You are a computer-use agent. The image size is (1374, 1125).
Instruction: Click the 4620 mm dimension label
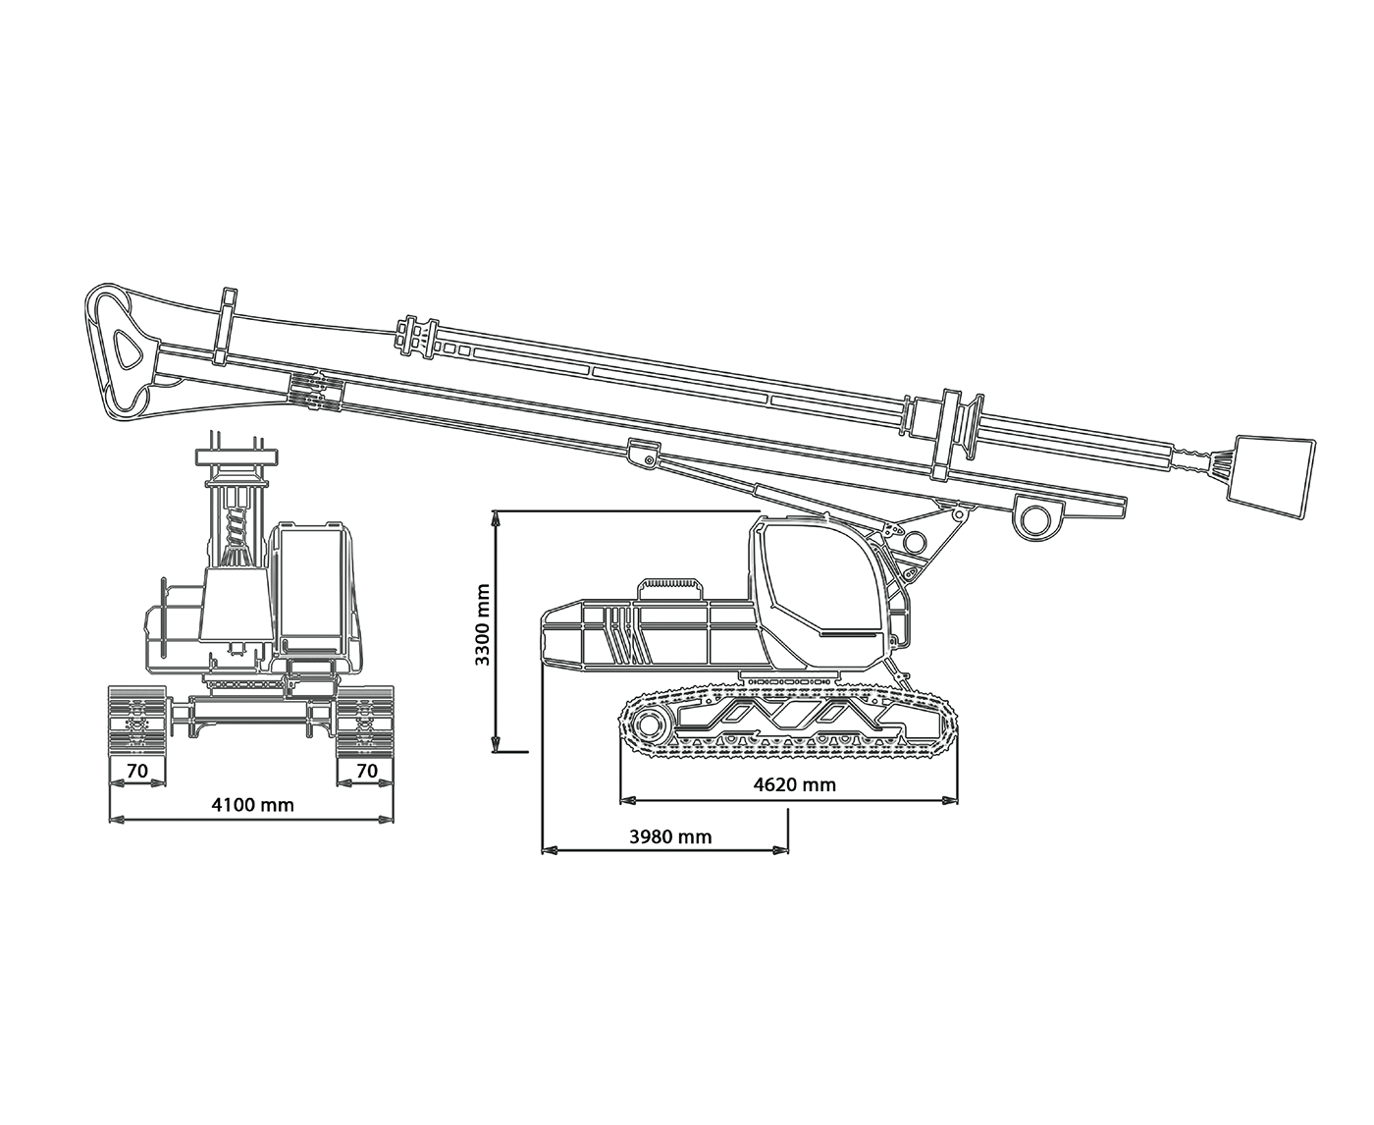pyautogui.click(x=794, y=784)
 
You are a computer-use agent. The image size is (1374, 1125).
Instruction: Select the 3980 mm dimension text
pyautogui.click(x=670, y=837)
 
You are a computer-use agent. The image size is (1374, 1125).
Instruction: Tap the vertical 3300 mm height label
pyautogui.click(x=482, y=624)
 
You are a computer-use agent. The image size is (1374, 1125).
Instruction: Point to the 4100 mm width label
pyautogui.click(x=253, y=805)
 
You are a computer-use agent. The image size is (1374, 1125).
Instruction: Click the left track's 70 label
pyautogui.click(x=136, y=771)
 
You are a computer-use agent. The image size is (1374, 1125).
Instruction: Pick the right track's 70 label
pyautogui.click(x=367, y=771)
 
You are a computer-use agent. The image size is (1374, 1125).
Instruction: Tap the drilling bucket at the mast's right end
pyautogui.click(x=1269, y=478)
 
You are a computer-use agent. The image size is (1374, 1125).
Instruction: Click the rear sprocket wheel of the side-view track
pyautogui.click(x=649, y=724)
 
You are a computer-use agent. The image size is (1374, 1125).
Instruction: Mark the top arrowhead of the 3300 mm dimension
pyautogui.click(x=496, y=517)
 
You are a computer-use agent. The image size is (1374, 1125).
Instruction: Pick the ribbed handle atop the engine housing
pyautogui.click(x=671, y=588)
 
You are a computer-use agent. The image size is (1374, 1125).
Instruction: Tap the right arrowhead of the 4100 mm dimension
pyautogui.click(x=386, y=819)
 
